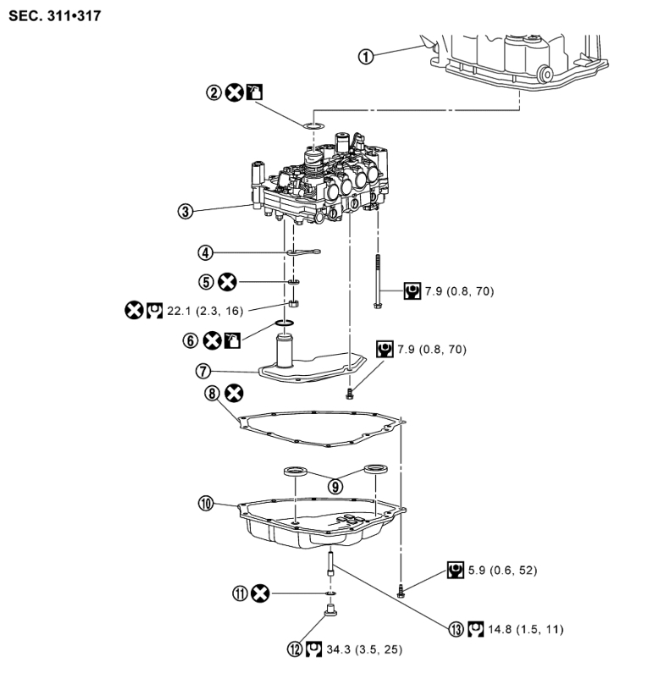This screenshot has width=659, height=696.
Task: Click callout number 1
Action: click(365, 57)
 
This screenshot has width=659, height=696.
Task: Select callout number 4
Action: click(205, 251)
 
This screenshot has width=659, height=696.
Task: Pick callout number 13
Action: click(458, 629)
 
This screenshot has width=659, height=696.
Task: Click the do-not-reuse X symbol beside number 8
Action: click(235, 392)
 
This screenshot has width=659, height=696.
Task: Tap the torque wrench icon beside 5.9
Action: click(455, 571)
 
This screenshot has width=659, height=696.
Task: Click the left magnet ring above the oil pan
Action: click(293, 471)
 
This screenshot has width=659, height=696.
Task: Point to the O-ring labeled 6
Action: click(285, 324)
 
